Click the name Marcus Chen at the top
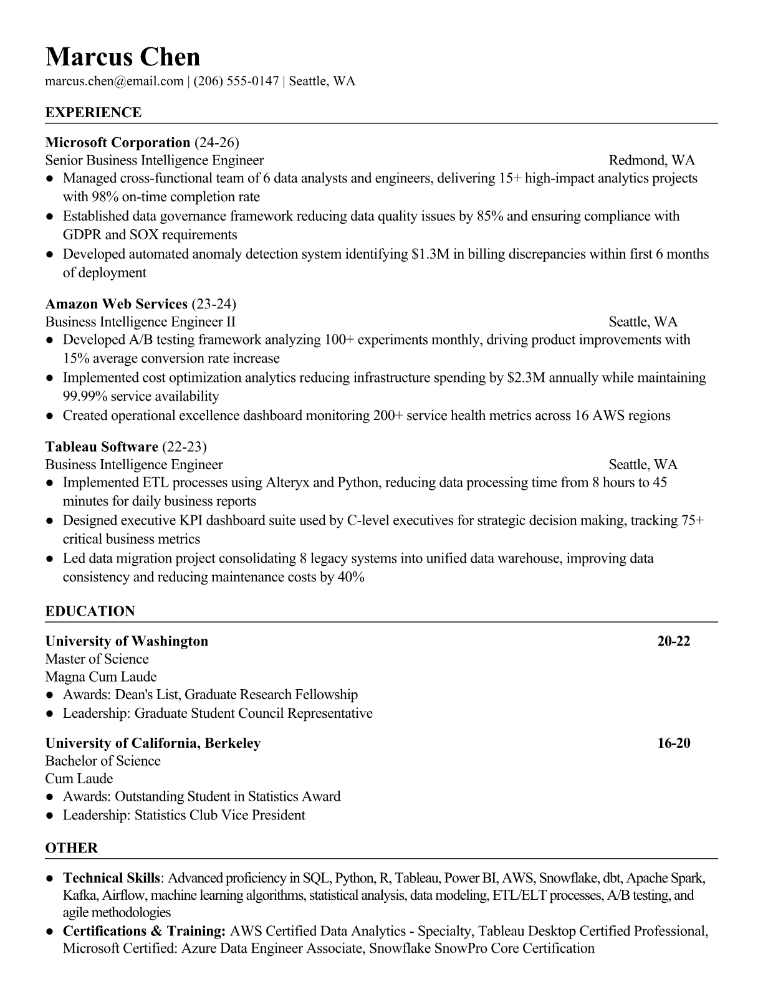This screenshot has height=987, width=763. pyautogui.click(x=123, y=57)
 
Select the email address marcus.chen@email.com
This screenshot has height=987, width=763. pyautogui.click(x=114, y=81)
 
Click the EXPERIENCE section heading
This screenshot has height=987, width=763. pyautogui.click(x=94, y=113)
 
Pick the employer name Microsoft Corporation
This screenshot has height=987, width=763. pyautogui.click(x=118, y=142)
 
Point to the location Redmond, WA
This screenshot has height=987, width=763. pyautogui.click(x=651, y=160)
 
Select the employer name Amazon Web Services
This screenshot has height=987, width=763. pyautogui.click(x=117, y=304)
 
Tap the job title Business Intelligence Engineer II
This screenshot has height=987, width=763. pyautogui.click(x=140, y=322)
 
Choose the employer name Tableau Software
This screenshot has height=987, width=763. pyautogui.click(x=102, y=447)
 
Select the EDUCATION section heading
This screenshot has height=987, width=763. pyautogui.click(x=90, y=611)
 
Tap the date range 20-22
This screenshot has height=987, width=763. pyautogui.click(x=673, y=641)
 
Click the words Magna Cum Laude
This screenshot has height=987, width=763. pyautogui.click(x=101, y=677)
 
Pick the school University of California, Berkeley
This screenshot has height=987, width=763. pyautogui.click(x=153, y=743)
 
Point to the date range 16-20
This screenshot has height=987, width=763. pyautogui.click(x=673, y=743)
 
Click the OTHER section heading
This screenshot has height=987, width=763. pyautogui.click(x=72, y=848)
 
